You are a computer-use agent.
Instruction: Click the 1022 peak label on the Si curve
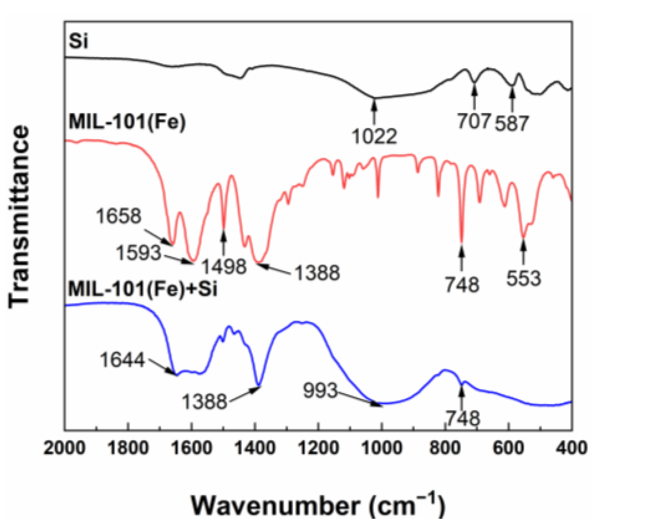tap(375, 136)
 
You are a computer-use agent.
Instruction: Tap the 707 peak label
tap(474, 121)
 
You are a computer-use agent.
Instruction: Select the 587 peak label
tap(512, 123)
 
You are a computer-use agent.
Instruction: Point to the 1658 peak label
tap(119, 216)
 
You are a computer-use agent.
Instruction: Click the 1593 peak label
tap(138, 253)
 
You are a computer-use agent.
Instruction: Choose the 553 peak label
tap(524, 279)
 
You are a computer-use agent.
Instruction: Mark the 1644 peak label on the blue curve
tap(123, 360)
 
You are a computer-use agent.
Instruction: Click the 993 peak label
tap(321, 390)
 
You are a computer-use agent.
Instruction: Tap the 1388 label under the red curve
tap(317, 273)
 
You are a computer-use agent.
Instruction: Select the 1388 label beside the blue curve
tap(205, 401)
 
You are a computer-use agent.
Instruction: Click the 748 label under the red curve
tap(462, 284)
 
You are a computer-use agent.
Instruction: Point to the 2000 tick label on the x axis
tap(64, 448)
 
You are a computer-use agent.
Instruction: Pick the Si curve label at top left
tap(78, 41)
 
